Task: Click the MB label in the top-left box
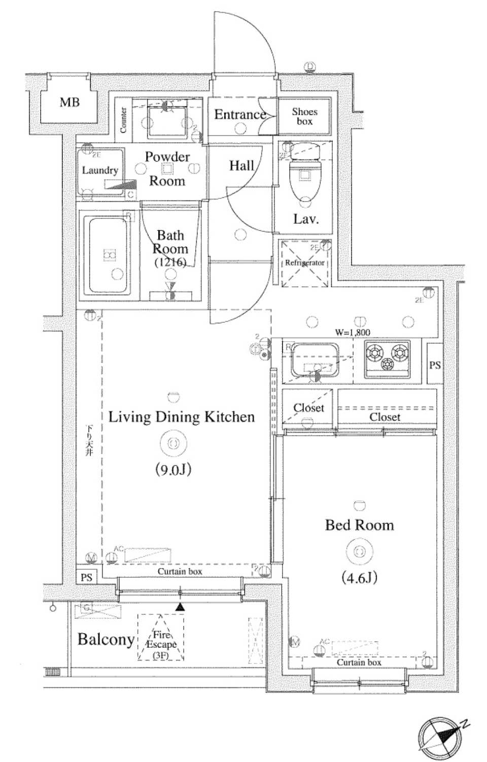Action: [69, 102]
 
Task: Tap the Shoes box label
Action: [304, 116]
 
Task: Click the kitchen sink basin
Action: [314, 359]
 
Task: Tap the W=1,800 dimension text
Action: [353, 333]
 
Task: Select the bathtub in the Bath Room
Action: [108, 255]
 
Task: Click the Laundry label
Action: [100, 171]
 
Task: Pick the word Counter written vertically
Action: [123, 120]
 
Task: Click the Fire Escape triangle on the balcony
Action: [161, 638]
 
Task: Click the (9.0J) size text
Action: [173, 470]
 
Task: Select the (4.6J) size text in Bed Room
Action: [359, 578]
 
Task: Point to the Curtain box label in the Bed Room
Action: [359, 662]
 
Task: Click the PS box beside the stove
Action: [435, 365]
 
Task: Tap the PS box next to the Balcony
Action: [86, 577]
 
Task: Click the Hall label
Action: [241, 165]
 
